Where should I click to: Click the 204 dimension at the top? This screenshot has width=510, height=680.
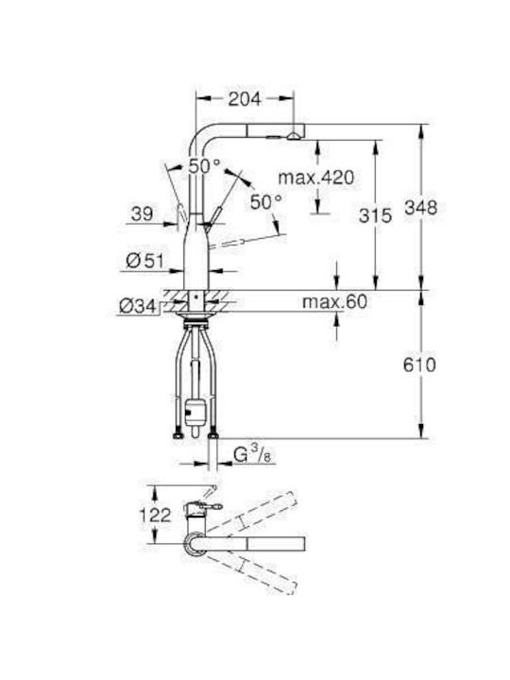tap(244, 98)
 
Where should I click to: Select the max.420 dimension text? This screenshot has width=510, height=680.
tap(314, 177)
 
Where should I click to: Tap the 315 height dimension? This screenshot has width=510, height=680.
tap(376, 216)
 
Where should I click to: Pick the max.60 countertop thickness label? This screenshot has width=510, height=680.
tap(334, 303)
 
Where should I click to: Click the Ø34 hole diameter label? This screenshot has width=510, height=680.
tap(139, 306)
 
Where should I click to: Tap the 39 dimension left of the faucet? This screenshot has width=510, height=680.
tap(142, 214)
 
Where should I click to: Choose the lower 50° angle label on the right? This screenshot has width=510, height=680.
tap(265, 201)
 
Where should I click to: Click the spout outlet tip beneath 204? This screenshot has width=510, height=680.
tap(296, 135)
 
